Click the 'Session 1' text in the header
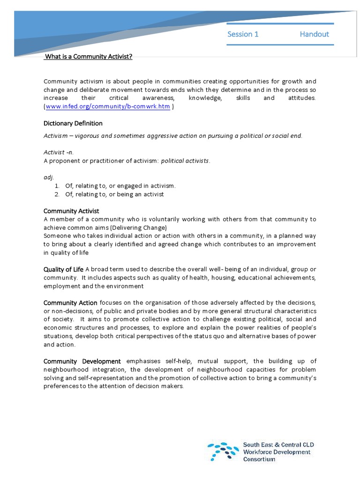tap(243, 34)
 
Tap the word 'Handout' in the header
tap(314, 34)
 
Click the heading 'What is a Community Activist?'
tap(88, 57)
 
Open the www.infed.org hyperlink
tap(107, 106)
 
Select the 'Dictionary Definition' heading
tap(73, 123)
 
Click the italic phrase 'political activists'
tap(185, 161)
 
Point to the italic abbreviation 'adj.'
tap(49, 177)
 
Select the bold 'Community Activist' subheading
tap(71, 211)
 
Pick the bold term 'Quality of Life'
tap(63, 269)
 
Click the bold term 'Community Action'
tap(70, 303)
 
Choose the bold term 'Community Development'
tap(82, 361)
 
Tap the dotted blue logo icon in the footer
tap(223, 451)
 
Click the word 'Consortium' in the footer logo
tap(259, 459)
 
